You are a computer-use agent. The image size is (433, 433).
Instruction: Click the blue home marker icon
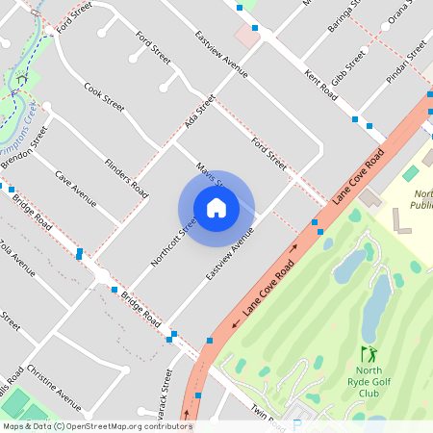click(216, 208)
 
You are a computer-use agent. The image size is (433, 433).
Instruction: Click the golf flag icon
click(367, 354)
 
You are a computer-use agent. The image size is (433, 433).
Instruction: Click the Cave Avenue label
click(76, 189)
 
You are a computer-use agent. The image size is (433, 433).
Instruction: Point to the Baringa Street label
click(344, 17)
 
